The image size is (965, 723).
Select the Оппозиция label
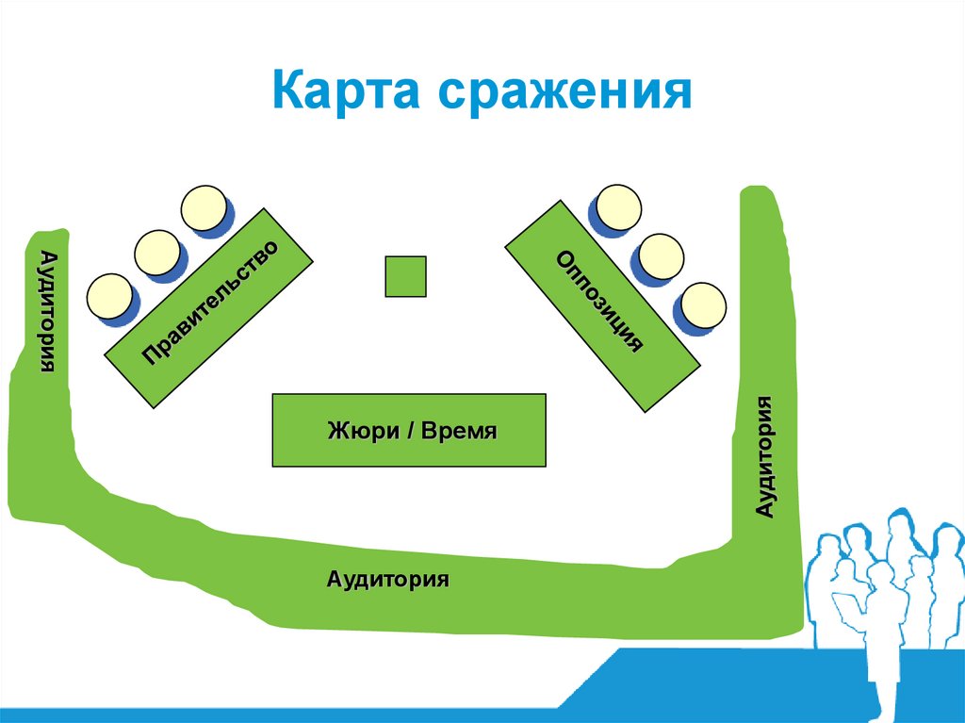click(x=600, y=301)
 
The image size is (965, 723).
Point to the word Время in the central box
click(x=459, y=432)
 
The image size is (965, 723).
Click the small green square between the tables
click(x=406, y=276)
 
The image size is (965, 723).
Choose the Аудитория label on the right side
click(x=765, y=456)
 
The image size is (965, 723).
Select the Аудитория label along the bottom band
click(x=387, y=578)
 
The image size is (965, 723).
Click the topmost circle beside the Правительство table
click(x=204, y=208)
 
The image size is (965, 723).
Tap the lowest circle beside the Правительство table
click(x=109, y=296)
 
